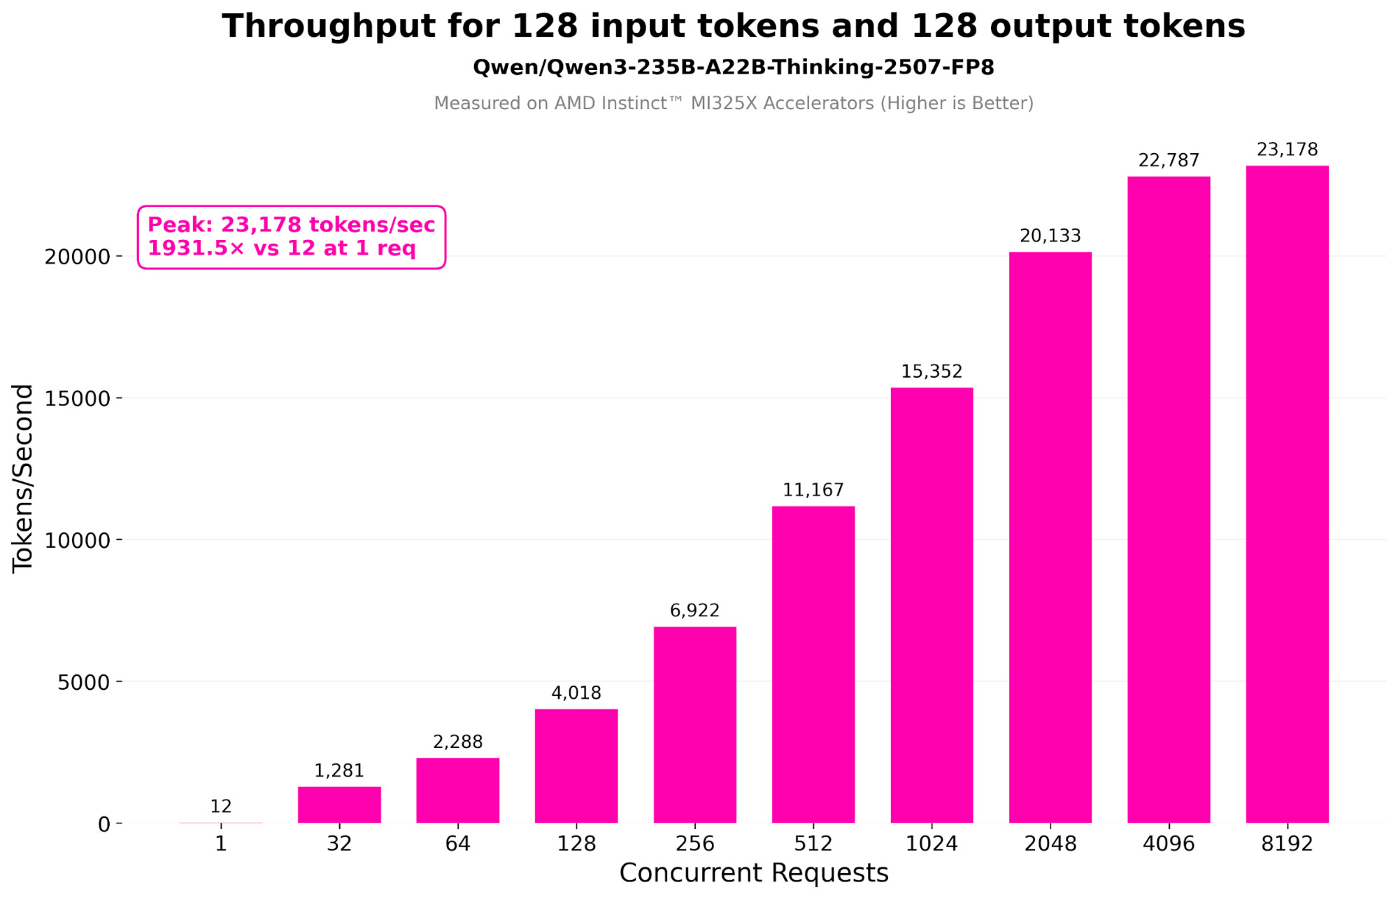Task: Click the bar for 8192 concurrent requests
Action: coord(1287,494)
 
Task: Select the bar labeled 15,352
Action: coord(932,605)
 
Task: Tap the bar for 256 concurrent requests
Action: coord(694,725)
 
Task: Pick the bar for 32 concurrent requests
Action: coord(339,805)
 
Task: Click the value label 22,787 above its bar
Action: coord(1169,160)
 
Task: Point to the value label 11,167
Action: coord(813,490)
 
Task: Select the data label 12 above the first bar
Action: coord(221,806)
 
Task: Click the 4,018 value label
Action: coord(576,693)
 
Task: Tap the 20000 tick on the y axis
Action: coord(78,257)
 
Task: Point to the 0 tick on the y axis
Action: coord(104,824)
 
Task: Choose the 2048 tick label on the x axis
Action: coord(1050,844)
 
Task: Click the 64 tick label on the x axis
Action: coord(457,844)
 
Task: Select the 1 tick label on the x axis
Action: coord(221,844)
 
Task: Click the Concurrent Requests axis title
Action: coord(753,873)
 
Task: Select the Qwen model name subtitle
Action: coord(733,67)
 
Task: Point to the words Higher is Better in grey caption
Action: coord(956,104)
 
